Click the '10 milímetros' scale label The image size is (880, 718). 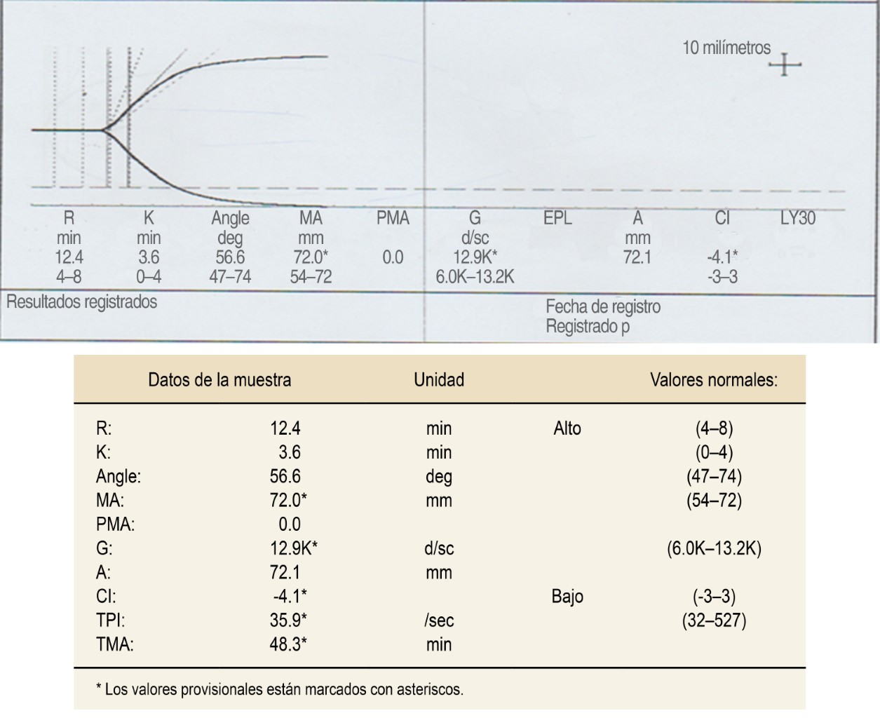726,48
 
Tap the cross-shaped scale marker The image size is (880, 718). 785,65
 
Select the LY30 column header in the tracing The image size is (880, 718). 798,218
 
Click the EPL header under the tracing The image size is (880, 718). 557,218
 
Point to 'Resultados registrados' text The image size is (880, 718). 81,302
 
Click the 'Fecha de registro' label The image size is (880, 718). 603,306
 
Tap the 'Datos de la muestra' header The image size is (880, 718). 219,380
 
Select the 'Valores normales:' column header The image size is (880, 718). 713,380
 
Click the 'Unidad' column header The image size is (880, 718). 439,380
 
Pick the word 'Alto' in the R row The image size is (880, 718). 567,428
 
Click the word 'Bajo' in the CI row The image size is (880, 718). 567,597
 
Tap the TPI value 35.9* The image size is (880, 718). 288,621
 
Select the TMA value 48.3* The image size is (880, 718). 288,644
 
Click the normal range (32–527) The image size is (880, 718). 714,621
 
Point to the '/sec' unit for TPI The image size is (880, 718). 439,621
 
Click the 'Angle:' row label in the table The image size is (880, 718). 119,477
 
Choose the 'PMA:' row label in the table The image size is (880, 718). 116,524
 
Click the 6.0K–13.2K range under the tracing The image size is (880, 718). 475,277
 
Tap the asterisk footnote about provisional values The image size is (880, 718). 279,689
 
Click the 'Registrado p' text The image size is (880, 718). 588,326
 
